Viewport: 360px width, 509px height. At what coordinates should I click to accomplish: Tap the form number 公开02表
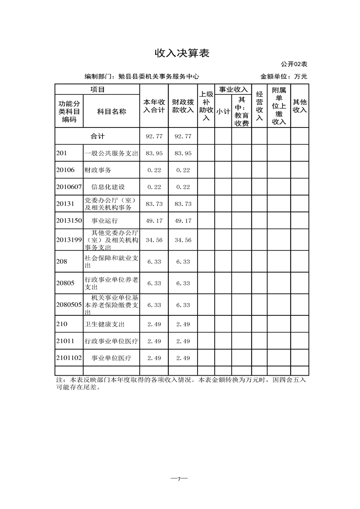coord(294,64)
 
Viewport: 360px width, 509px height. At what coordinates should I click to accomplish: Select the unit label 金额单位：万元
coord(284,77)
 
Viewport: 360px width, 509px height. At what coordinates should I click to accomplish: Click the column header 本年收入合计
coord(154,106)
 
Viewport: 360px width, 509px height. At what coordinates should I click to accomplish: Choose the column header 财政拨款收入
coord(183,106)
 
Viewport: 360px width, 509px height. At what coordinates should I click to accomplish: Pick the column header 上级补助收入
coord(206,106)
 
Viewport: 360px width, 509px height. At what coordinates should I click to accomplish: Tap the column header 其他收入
coord(300,106)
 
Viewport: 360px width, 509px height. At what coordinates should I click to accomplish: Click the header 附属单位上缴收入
coord(279,106)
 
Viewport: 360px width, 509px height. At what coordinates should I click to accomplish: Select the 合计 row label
coord(97,136)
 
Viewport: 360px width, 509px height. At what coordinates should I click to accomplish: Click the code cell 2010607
coord(69,187)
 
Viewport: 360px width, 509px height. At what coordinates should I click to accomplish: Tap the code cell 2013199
coord(69,240)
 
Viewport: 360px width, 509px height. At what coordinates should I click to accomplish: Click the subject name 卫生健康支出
coord(104,324)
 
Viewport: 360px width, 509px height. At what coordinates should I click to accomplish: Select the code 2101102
coord(69,358)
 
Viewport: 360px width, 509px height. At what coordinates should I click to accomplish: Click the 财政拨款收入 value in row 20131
coord(183,204)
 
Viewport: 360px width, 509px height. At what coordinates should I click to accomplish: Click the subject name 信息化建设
coord(108,187)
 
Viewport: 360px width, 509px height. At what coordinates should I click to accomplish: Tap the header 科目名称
coord(111,111)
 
